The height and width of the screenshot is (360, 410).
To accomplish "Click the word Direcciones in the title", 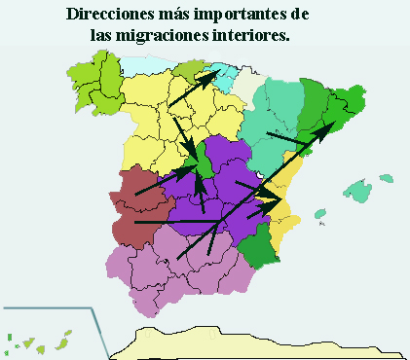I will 110,16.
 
